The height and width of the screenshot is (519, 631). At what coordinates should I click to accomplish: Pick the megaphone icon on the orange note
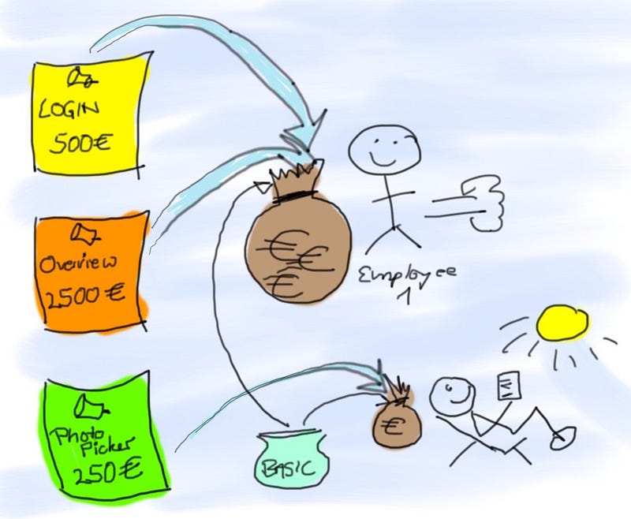(84, 232)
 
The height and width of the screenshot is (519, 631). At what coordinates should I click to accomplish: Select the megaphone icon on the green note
(88, 407)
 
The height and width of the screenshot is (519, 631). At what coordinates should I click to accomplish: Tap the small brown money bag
(397, 423)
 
